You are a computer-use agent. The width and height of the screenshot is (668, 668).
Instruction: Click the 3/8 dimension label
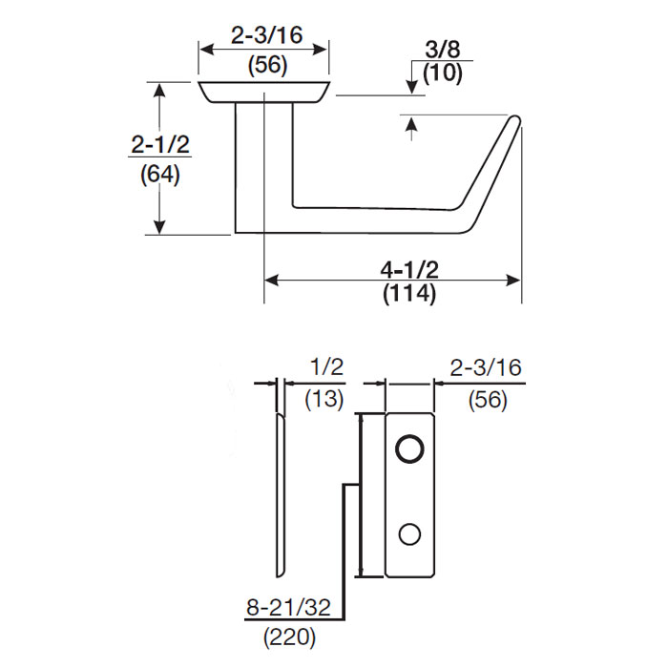(x=436, y=49)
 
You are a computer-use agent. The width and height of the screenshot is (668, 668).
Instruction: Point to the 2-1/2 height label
(x=158, y=144)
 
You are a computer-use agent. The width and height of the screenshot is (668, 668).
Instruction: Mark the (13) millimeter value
(x=324, y=399)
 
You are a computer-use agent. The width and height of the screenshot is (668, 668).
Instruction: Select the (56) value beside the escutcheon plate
(x=487, y=399)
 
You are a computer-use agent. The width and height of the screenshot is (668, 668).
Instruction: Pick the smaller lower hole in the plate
(x=411, y=534)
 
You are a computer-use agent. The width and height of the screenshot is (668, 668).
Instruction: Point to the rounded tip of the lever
(x=516, y=121)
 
